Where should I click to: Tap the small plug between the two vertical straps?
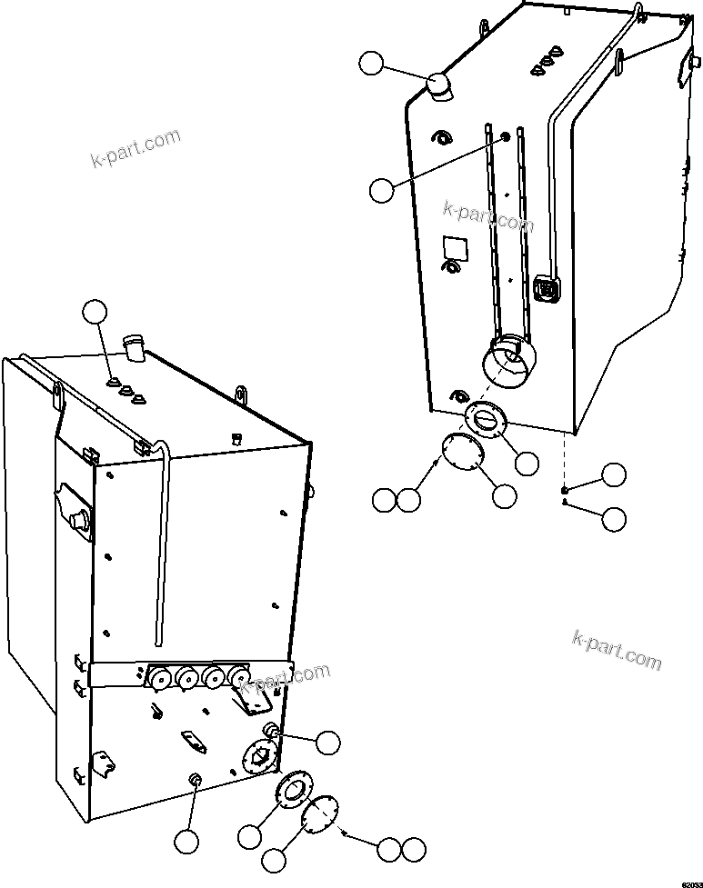click(x=505, y=137)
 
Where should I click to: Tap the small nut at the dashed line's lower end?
click(x=565, y=490)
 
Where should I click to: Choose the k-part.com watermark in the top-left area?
click(x=136, y=148)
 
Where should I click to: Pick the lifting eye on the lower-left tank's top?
click(x=243, y=395)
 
